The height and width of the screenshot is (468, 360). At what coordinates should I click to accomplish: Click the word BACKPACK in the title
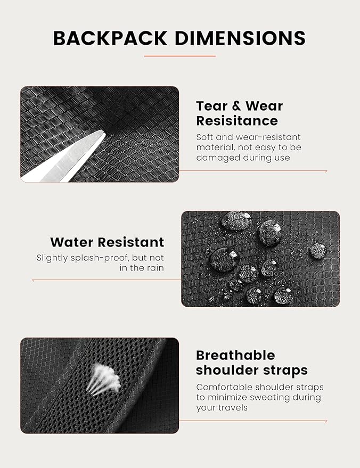click(110, 38)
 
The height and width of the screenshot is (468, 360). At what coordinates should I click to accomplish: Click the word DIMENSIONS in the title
click(240, 38)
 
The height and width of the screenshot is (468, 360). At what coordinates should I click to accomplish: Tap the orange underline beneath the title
click(179, 56)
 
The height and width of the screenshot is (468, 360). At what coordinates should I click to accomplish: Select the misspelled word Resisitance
click(237, 121)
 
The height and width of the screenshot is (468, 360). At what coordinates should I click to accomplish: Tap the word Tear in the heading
click(211, 106)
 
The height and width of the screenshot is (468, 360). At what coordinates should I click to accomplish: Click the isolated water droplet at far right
click(317, 251)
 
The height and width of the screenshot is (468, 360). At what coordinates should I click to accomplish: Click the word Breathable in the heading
click(235, 355)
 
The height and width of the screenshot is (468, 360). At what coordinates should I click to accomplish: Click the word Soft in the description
click(204, 137)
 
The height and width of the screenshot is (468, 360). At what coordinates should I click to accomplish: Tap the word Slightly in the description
click(52, 258)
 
